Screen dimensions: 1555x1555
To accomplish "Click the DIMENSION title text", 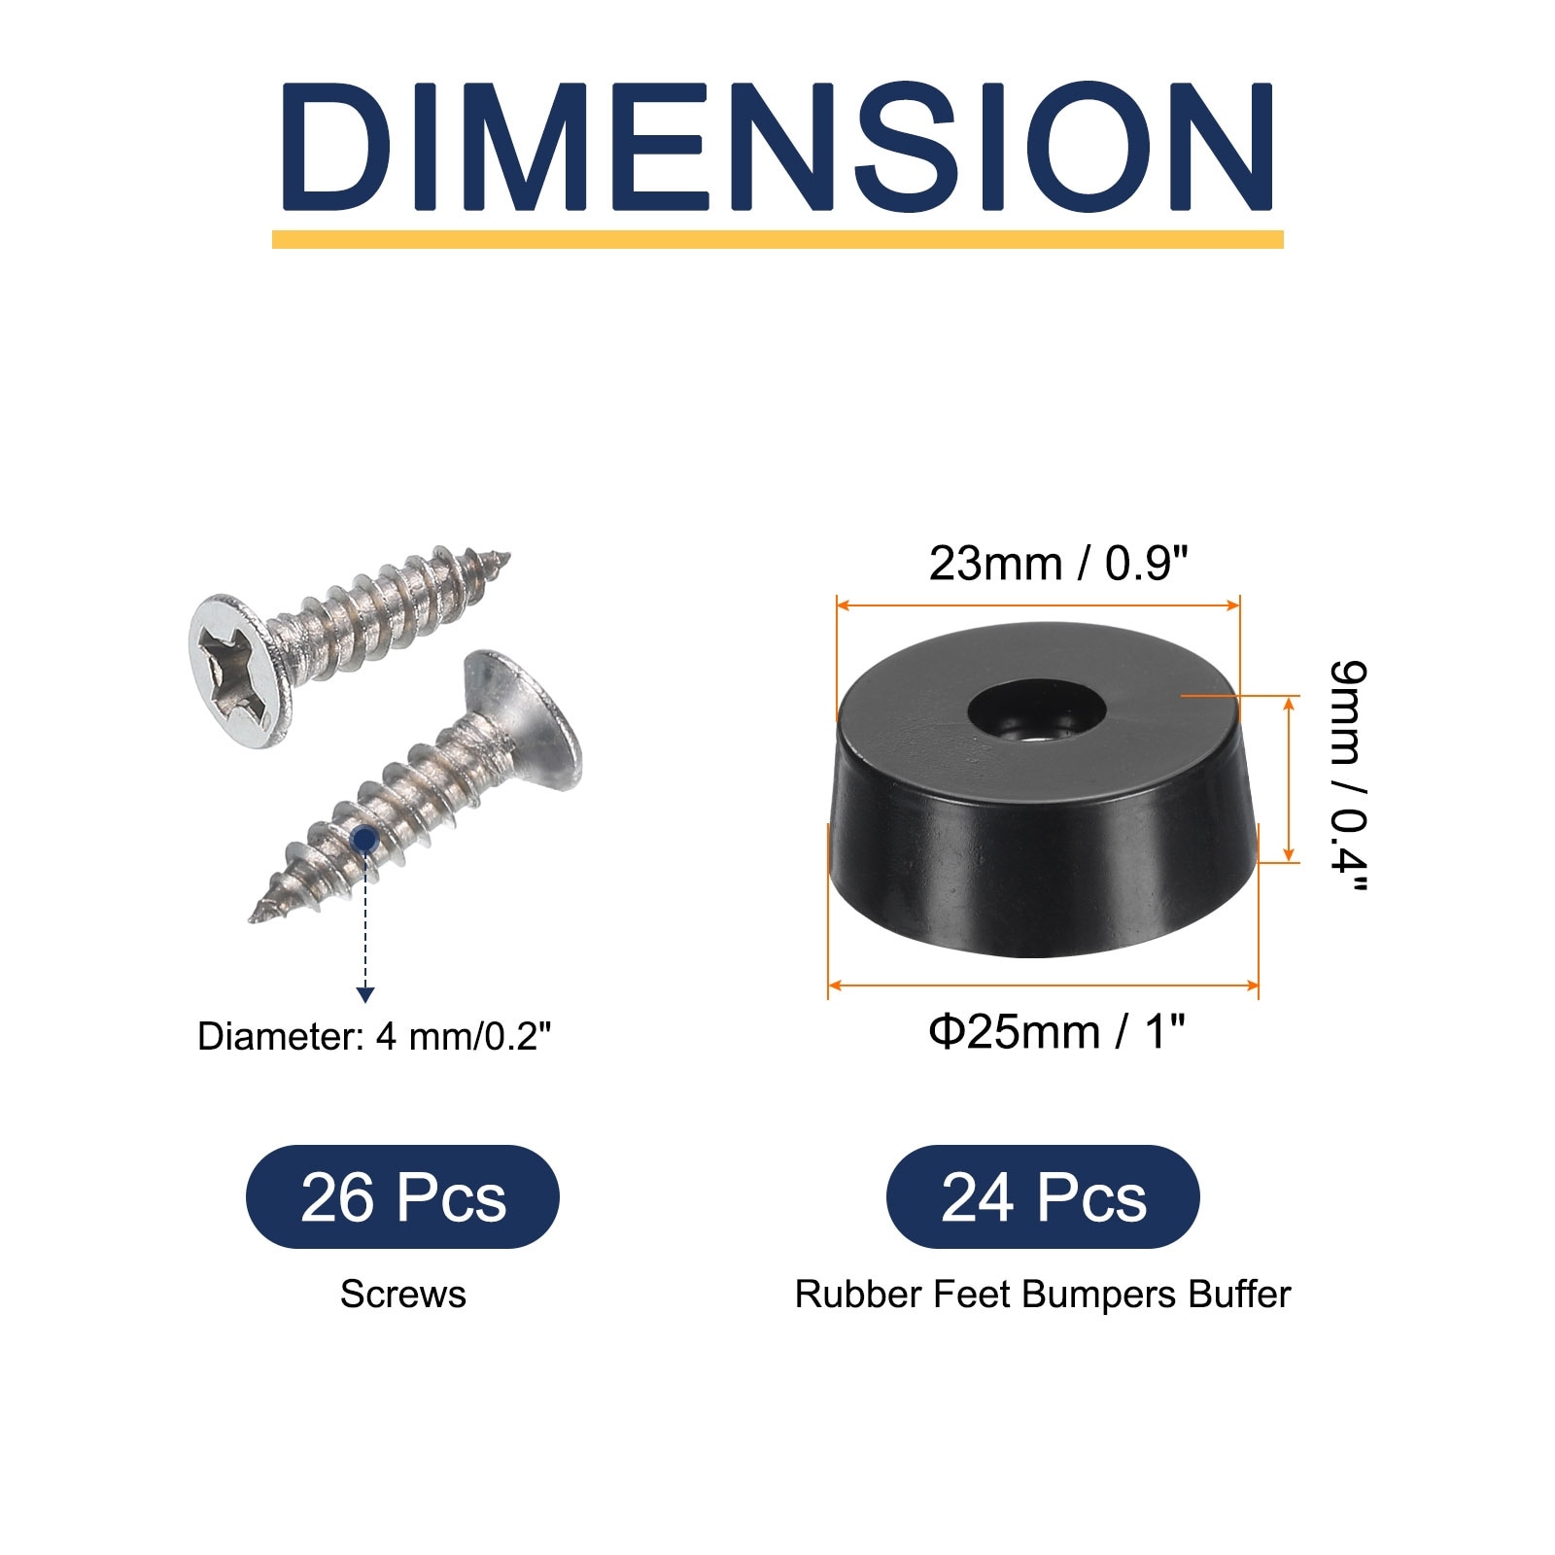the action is (x=777, y=148).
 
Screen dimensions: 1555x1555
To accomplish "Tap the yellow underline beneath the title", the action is (x=777, y=239).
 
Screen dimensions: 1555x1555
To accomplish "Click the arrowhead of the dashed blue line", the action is (x=364, y=994).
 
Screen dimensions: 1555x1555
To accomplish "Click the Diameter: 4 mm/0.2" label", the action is (x=374, y=1037).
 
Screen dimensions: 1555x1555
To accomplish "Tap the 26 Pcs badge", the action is (x=402, y=1197).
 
